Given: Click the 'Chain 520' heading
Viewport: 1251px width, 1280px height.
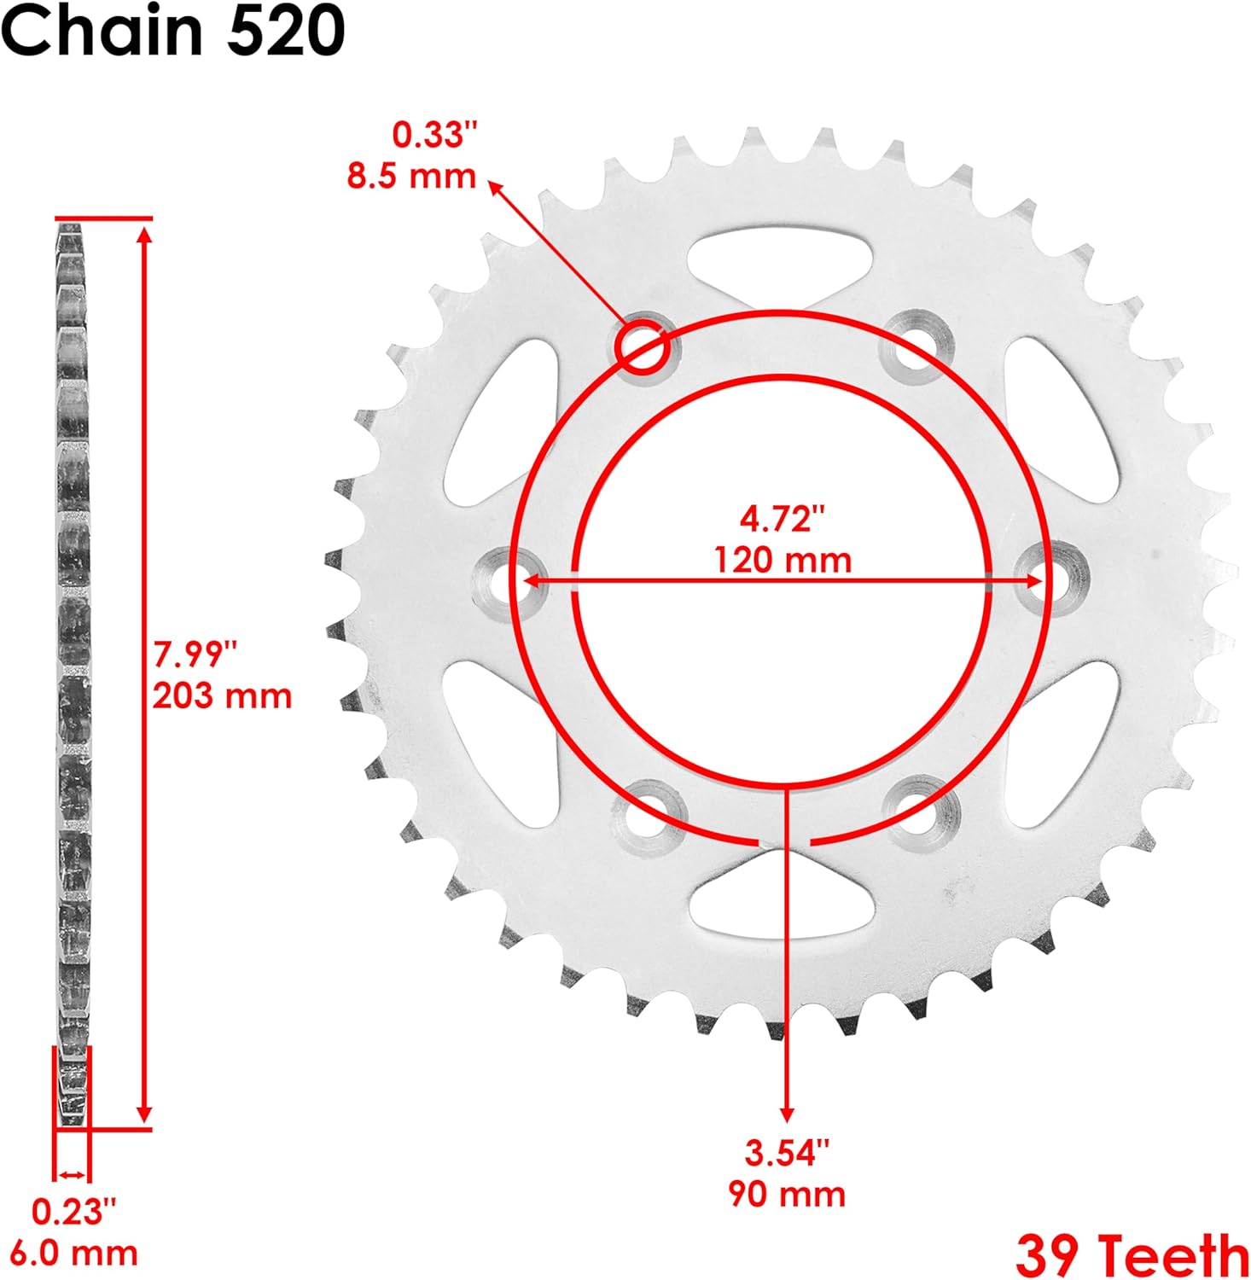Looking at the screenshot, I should point(173,32).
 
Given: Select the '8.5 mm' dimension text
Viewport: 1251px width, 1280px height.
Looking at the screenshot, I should point(411,176).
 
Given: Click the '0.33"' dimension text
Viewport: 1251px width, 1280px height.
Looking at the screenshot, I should point(434,135).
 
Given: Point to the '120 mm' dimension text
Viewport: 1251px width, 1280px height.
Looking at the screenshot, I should point(783,561).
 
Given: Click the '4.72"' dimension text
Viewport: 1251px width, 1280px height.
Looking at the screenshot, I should point(783,519).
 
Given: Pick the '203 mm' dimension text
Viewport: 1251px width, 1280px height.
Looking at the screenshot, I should point(222,695).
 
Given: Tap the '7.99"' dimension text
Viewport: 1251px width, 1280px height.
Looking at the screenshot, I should point(194,655).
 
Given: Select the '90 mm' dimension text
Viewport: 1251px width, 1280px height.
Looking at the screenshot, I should point(787,1193).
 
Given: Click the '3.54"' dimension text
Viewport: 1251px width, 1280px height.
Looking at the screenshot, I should point(787,1152).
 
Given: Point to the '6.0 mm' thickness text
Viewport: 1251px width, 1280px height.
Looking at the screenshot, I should point(84,1253).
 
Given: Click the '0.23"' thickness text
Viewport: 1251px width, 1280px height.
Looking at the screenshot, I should point(73,1211).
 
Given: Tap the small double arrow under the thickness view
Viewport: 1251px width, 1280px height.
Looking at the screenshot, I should point(72,1174).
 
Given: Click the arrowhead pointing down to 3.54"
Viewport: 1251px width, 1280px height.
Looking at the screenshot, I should point(787,1114).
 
